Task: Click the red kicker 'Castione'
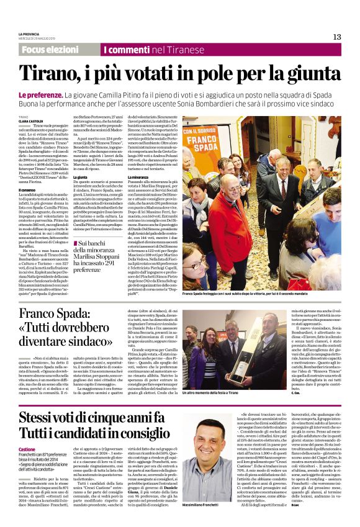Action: pyautogui.click(x=27, y=448)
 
